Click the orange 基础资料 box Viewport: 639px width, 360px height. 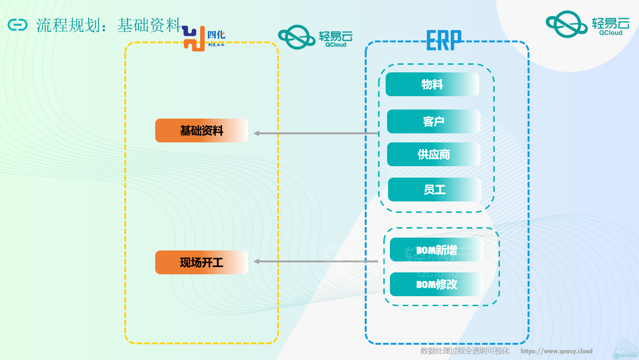(x=201, y=130)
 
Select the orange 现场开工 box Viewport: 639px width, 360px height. (x=201, y=262)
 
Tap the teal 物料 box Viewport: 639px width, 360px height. (x=432, y=84)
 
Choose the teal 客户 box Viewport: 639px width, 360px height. (x=433, y=121)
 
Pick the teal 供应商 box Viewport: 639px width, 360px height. (x=433, y=154)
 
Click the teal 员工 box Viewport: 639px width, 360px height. (x=434, y=190)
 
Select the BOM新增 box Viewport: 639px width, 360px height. (x=436, y=250)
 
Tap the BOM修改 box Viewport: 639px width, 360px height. (x=436, y=284)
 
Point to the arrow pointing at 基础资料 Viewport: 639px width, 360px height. (x=316, y=133)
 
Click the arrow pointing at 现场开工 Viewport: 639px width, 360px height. (x=316, y=261)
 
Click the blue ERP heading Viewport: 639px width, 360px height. (x=444, y=40)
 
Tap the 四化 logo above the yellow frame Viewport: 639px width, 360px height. (x=204, y=39)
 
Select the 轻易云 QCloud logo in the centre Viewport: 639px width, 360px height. (x=315, y=37)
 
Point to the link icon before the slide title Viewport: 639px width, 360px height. (x=18, y=25)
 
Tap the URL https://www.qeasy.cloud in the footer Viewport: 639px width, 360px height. (x=556, y=351)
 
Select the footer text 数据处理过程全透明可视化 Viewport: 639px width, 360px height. (x=465, y=351)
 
